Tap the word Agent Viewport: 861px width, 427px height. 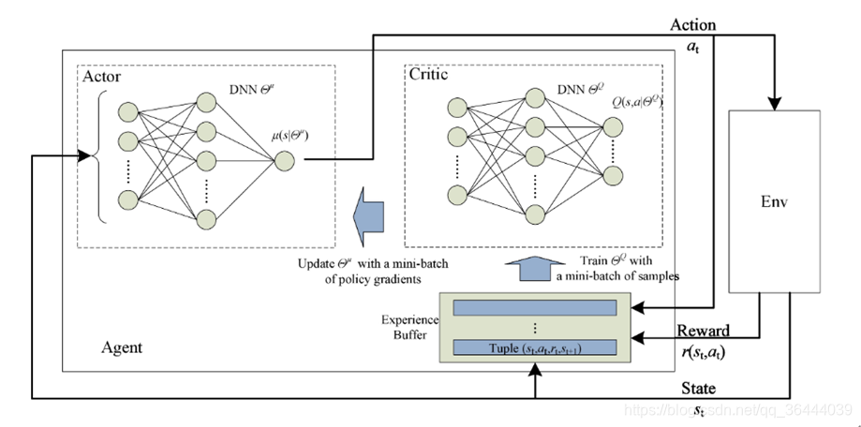121,347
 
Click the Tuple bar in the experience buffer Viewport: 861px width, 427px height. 535,347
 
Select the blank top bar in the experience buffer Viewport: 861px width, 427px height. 535,307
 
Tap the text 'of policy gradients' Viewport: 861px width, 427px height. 362,278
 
